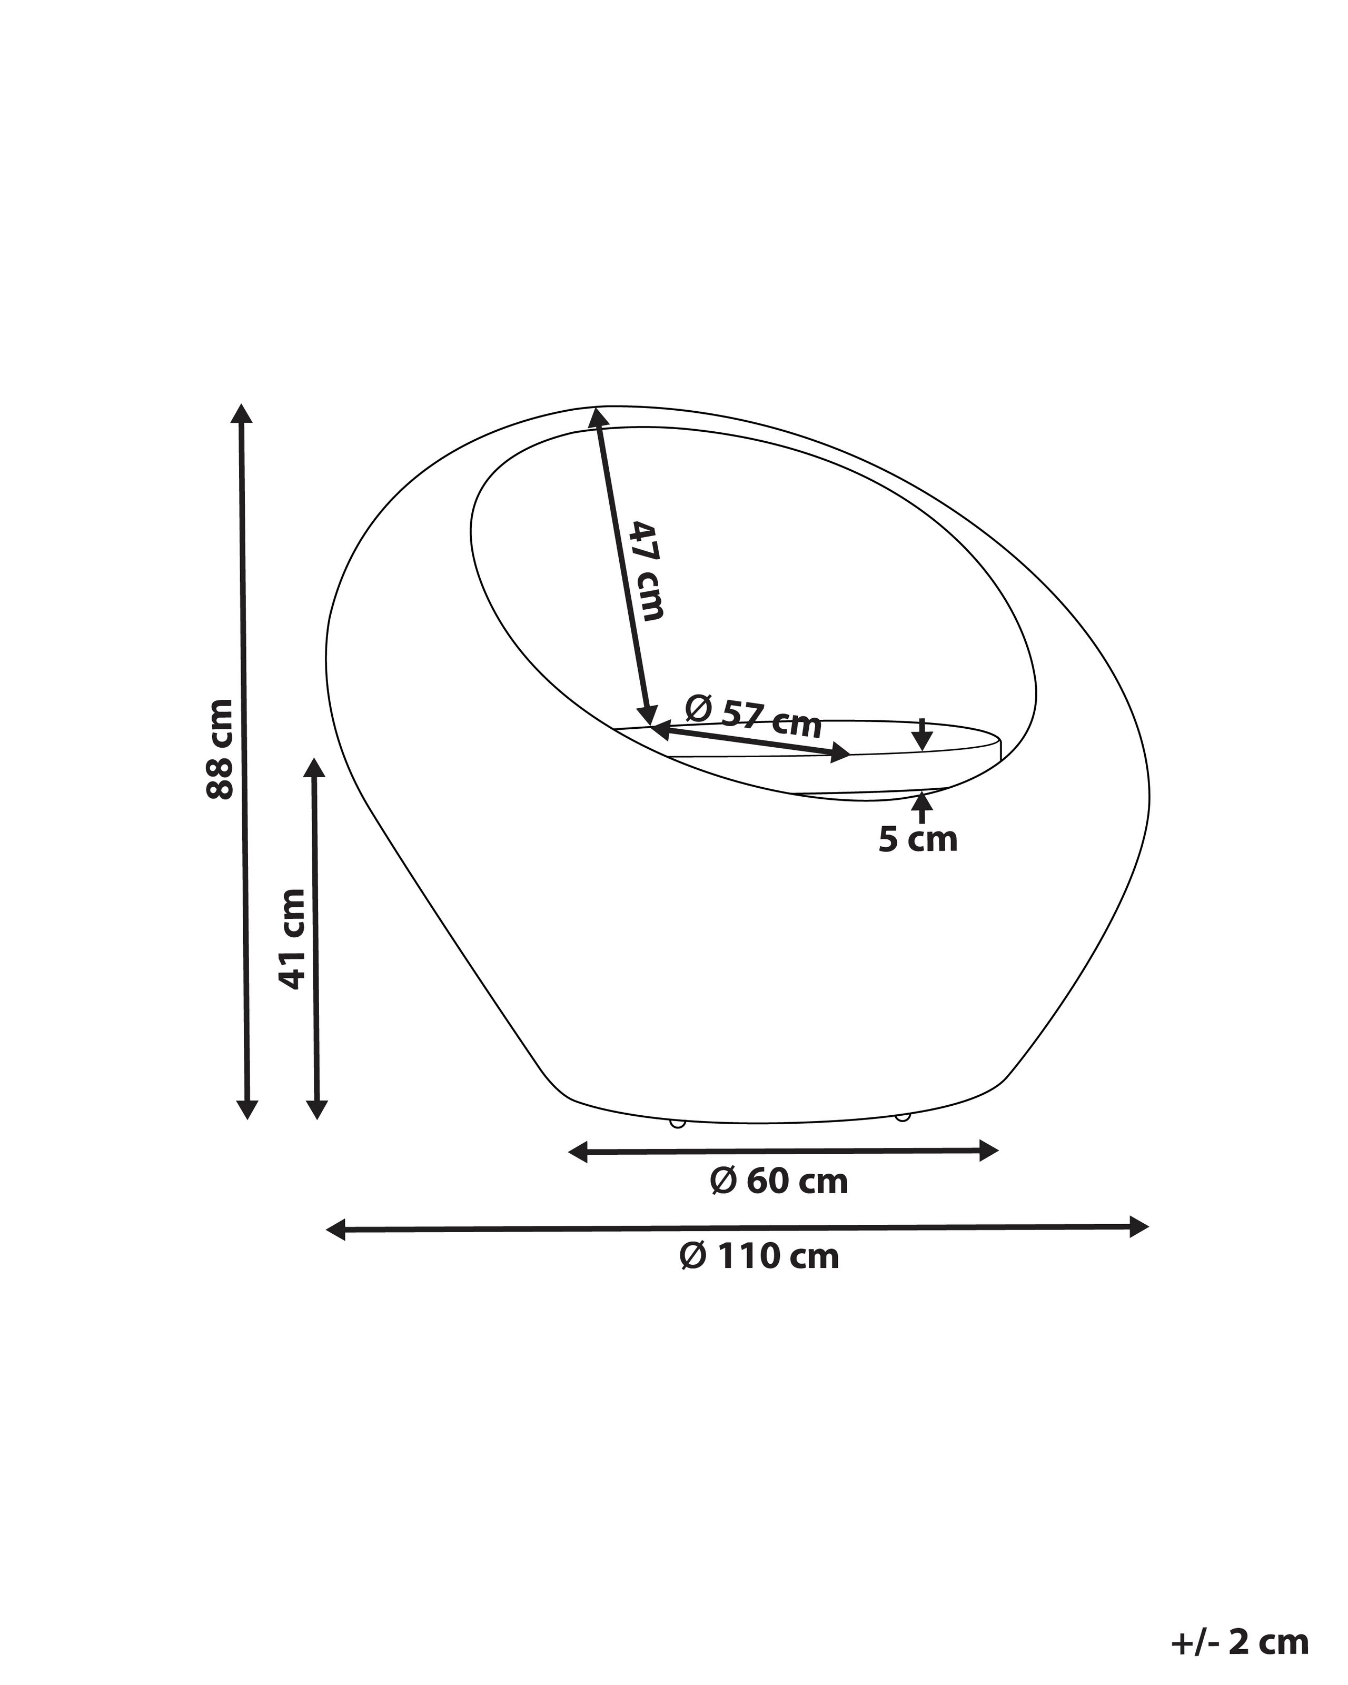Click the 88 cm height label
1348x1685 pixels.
click(x=220, y=749)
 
